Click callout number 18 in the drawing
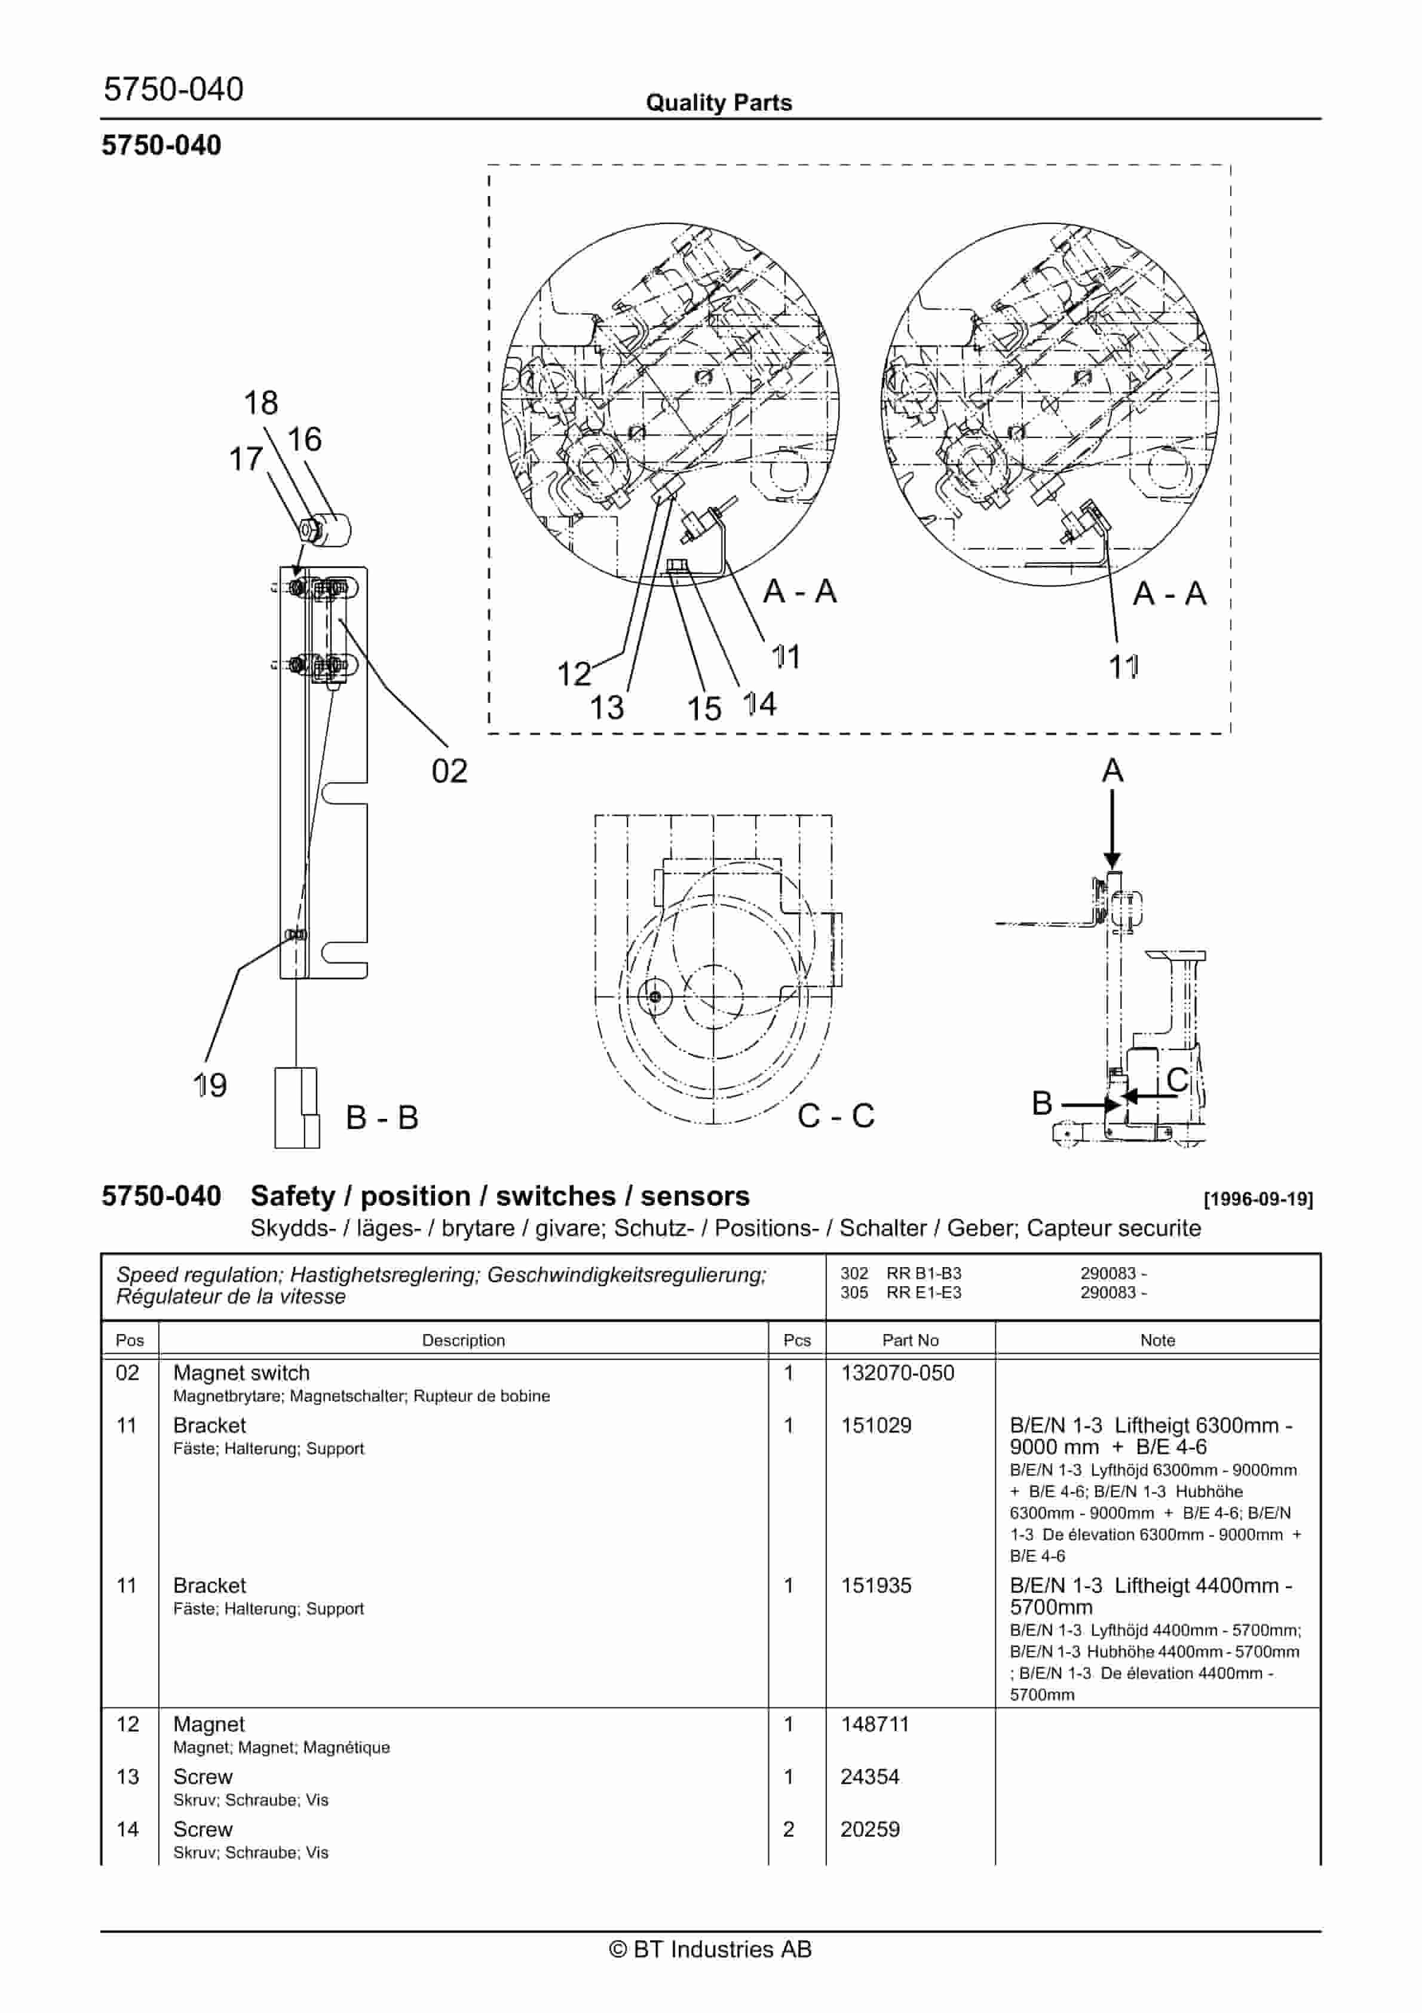(261, 403)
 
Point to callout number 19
(210, 1085)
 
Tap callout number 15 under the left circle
(703, 708)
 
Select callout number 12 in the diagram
(574, 674)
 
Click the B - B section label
(382, 1118)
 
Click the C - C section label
(835, 1116)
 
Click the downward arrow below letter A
(1112, 828)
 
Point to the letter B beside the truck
(1041, 1103)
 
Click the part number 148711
(875, 1724)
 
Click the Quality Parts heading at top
(718, 103)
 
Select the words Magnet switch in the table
(241, 1373)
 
